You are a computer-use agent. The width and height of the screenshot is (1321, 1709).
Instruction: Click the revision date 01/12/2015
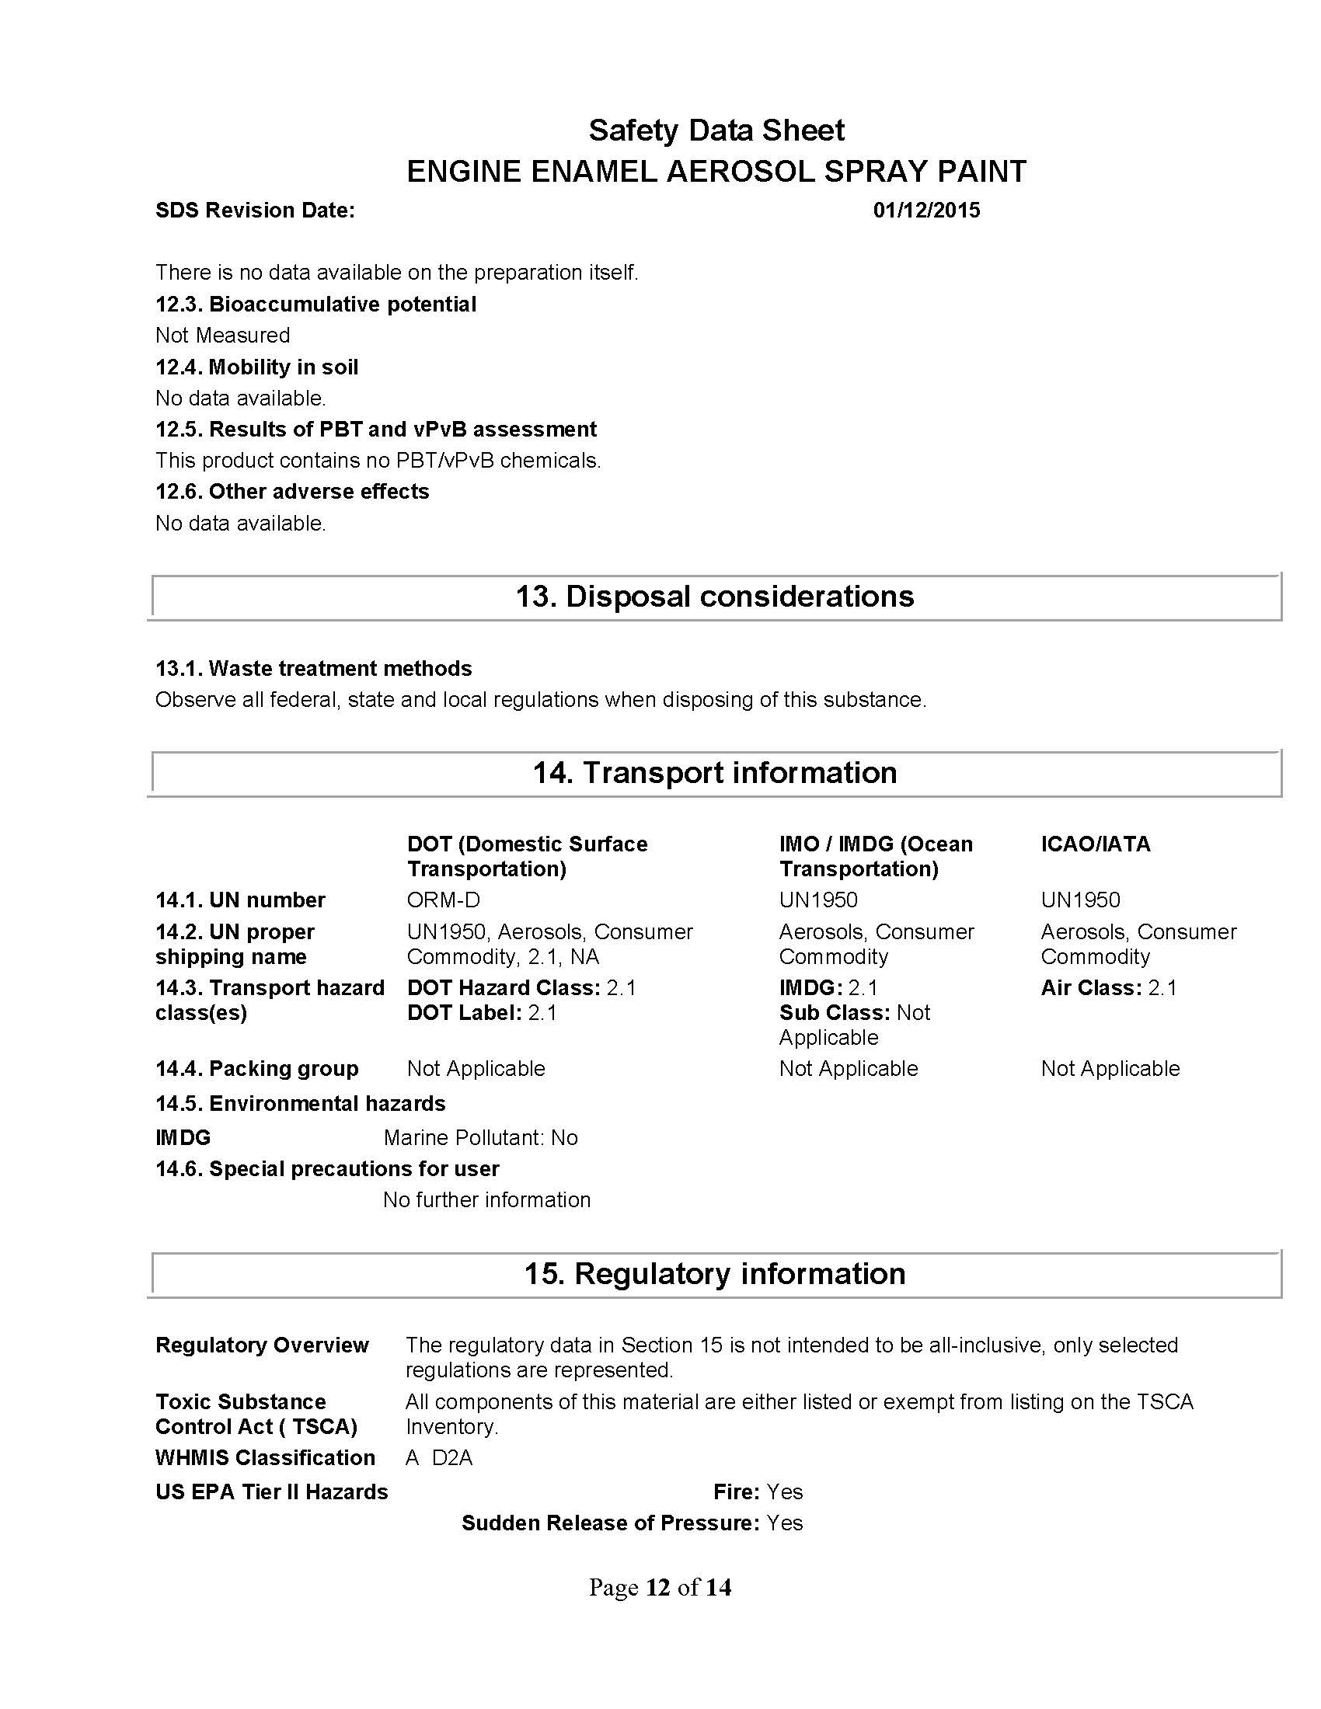point(925,211)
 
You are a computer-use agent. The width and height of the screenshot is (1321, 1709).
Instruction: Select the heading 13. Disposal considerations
point(713,597)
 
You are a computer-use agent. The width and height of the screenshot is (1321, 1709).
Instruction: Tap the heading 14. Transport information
point(713,772)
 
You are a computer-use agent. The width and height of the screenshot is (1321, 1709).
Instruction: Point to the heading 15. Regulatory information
point(713,1273)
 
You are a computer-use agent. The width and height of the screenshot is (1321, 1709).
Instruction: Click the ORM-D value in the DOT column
point(443,900)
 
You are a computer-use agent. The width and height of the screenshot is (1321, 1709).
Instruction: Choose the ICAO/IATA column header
point(1095,844)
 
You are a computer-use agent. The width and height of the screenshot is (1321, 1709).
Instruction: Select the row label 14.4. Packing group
point(256,1068)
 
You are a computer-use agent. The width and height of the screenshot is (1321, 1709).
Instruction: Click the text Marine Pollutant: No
point(480,1137)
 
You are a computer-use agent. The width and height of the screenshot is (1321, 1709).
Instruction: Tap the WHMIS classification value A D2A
point(439,1458)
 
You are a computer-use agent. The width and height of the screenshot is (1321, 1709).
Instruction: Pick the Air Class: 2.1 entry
point(1108,987)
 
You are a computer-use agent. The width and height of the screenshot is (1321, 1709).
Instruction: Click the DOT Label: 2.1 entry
point(481,1012)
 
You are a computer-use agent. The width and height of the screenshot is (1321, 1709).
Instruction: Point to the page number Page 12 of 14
point(660,1587)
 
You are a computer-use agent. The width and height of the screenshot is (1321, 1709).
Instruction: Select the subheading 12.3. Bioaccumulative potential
point(315,304)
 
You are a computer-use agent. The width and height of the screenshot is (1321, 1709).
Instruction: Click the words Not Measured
point(222,335)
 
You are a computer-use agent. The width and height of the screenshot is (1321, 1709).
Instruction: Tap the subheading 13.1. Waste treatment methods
point(313,668)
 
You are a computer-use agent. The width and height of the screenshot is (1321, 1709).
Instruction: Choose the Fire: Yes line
point(758,1491)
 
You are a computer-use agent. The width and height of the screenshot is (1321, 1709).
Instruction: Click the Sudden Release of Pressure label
point(610,1523)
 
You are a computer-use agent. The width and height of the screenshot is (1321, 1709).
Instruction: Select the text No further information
point(486,1199)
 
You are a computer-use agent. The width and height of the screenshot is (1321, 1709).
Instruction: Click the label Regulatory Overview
point(261,1345)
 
